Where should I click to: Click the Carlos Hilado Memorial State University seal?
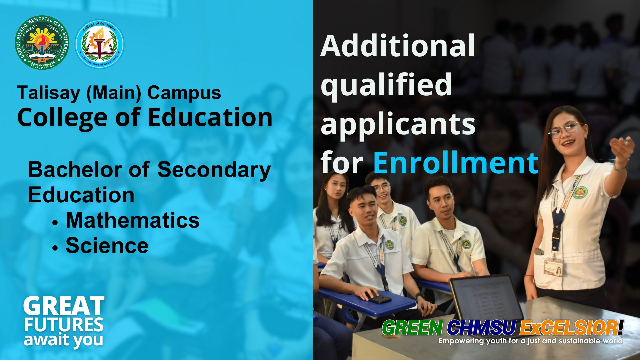pos(42,43)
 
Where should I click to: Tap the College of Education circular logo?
pos(100,44)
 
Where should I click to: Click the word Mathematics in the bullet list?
pos(132,220)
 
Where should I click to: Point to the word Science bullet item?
pos(107,246)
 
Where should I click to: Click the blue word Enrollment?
pos(455,163)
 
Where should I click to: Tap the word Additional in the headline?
pos(397,46)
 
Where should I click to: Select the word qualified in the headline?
pos(386,85)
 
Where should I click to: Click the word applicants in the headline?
pos(398,124)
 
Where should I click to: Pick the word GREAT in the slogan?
pos(64,306)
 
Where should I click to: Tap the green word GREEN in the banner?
pos(412,328)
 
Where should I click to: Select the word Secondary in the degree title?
pos(214,170)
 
